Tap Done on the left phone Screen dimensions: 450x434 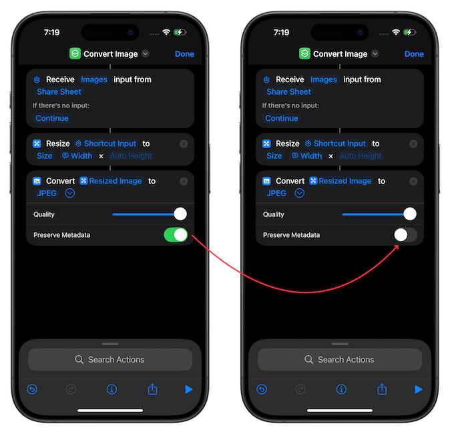(184, 54)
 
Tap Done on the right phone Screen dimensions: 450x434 (414, 54)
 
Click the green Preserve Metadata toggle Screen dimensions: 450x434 (176, 235)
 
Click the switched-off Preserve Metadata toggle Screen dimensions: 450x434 (405, 235)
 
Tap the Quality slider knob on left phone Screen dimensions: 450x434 (180, 214)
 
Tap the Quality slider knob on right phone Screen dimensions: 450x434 (410, 214)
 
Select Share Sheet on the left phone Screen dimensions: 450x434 (59, 92)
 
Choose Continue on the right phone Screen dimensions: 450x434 (282, 118)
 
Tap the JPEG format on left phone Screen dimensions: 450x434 (47, 193)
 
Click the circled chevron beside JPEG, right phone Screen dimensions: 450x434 (299, 193)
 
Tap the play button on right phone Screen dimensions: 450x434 (419, 389)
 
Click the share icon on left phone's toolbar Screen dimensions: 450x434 (152, 389)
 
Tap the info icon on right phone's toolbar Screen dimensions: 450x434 (341, 389)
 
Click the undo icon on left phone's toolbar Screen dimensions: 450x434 (32, 389)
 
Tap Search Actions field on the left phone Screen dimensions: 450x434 (110, 359)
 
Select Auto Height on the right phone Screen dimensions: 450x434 (361, 156)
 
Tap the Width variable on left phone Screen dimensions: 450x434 (77, 156)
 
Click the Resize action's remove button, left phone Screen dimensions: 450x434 (184, 144)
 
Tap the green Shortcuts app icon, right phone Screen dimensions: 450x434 (304, 53)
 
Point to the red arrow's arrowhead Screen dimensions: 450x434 (397, 247)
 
